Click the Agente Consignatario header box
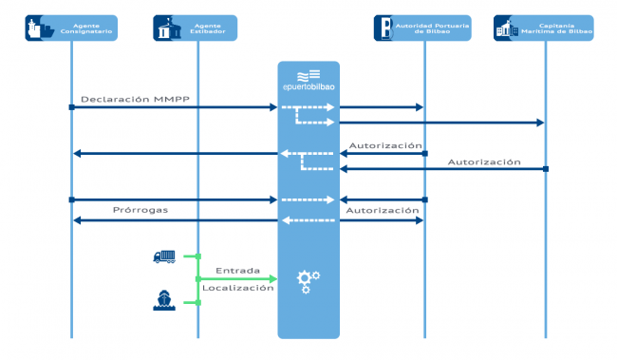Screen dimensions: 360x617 [x=71, y=28]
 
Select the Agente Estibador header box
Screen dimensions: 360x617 [x=196, y=28]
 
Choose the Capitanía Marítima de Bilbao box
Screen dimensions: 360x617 [x=544, y=28]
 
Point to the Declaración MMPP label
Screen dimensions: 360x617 [x=122, y=99]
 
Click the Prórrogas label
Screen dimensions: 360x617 [x=140, y=210]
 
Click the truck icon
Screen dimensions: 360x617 [x=164, y=256]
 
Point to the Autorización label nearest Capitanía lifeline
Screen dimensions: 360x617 [x=484, y=161]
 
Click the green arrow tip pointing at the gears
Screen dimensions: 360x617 [x=273, y=279]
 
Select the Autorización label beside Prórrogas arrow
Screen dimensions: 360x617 [x=383, y=210]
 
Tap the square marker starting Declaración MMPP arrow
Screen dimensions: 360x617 [x=71, y=107]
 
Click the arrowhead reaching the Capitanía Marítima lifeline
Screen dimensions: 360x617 [x=540, y=123]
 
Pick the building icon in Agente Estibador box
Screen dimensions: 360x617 [x=167, y=29]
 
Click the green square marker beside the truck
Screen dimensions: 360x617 [x=197, y=256]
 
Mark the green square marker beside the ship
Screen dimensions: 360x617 [x=197, y=302]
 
